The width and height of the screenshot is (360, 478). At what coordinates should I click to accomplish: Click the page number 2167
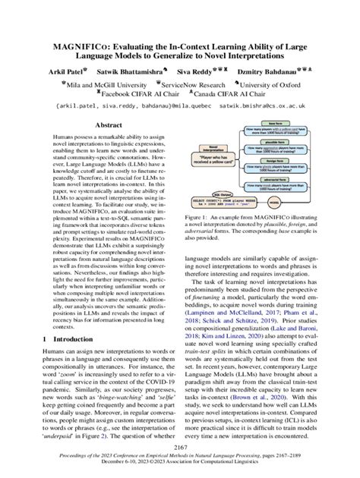coord(179,449)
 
